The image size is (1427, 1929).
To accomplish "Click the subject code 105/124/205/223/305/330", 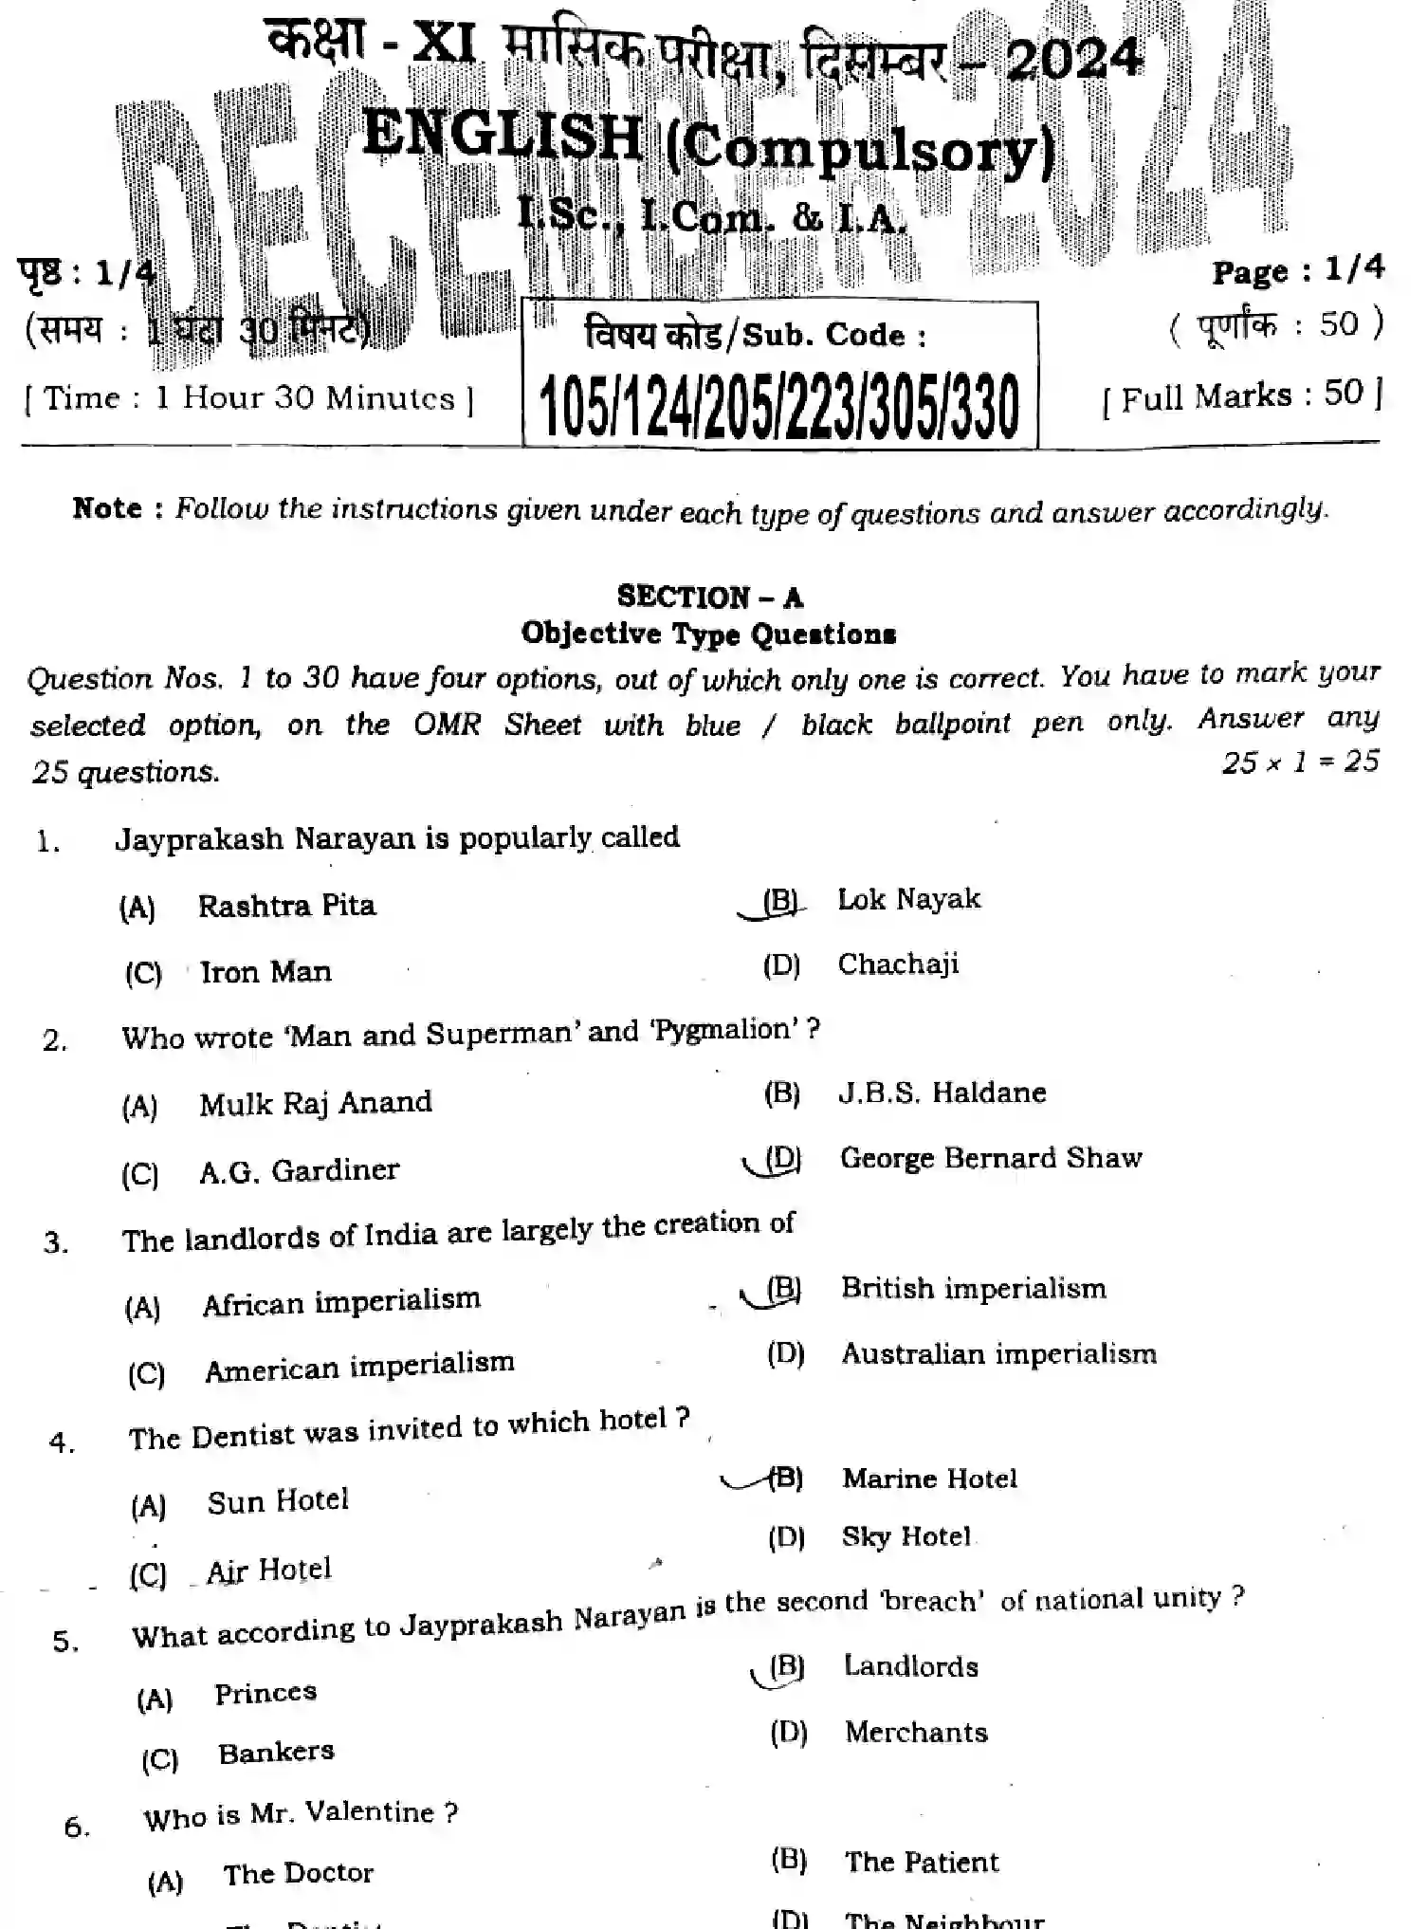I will coord(778,407).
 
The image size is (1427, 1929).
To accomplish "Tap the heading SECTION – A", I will coord(709,597).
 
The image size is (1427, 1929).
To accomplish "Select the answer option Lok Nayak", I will coord(907,899).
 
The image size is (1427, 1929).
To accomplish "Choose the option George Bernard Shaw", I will coord(990,1158).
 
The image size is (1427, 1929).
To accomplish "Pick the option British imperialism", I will coord(973,1288).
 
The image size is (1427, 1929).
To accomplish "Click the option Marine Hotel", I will coord(928,1479).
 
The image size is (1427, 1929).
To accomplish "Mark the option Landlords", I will coord(910,1666).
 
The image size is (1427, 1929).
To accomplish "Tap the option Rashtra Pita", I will coord(286,906).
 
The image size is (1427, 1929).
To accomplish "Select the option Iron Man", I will coord(265,972).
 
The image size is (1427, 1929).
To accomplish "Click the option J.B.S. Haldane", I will coord(942,1093).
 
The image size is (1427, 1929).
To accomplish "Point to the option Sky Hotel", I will coord(906,1536).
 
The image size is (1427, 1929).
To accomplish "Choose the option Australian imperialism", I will coord(998,1353).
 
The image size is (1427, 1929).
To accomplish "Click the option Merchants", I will coord(916,1733).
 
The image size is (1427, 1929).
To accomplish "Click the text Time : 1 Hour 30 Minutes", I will coord(248,398).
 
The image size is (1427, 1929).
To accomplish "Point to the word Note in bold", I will coord(106,508).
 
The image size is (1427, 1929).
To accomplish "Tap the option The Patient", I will coord(921,1862).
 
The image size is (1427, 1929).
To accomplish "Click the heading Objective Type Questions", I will coord(708,634).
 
